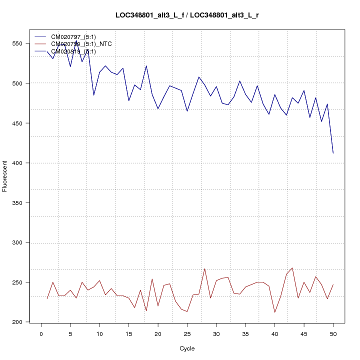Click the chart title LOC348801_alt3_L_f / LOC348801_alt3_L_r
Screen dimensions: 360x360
click(x=187, y=15)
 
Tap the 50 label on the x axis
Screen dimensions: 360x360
click(x=333, y=334)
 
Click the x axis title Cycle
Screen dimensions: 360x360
click(x=187, y=348)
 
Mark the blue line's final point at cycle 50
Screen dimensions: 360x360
click(x=333, y=153)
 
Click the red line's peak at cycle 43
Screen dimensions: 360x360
click(x=292, y=268)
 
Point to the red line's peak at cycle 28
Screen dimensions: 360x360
click(x=204, y=268)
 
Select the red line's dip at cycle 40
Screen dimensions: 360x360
click(x=275, y=312)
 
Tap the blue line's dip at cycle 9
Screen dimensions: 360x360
click(x=93, y=95)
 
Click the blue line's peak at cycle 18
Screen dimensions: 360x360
click(x=146, y=66)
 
